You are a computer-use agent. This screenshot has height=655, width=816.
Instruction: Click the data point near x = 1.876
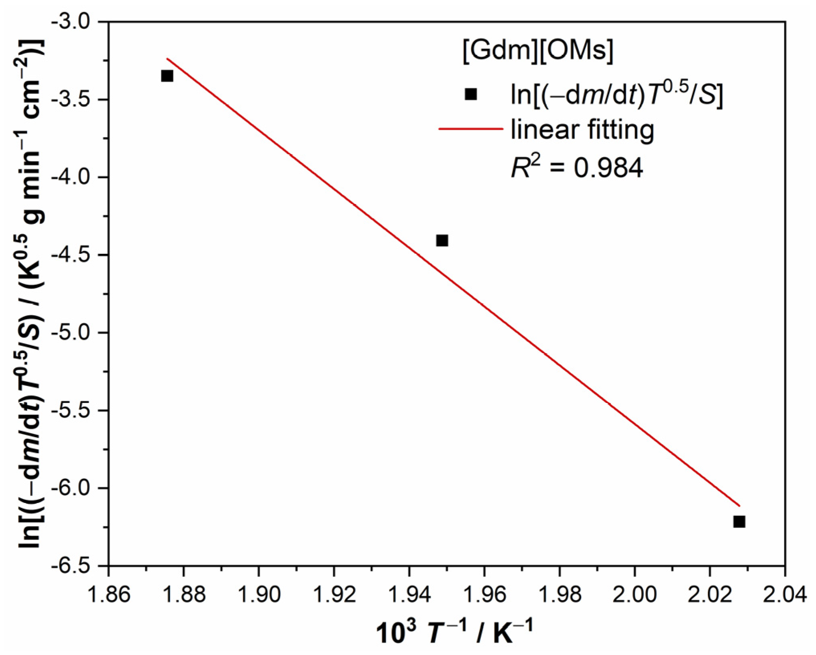167,76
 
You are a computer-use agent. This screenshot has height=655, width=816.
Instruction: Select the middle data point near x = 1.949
442,241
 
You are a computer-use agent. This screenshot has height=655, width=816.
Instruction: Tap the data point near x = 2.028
739,522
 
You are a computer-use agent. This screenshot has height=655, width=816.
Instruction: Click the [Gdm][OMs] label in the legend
538,51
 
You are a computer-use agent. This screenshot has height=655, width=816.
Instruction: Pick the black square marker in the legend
470,94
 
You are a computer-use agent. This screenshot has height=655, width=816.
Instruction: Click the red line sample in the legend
470,129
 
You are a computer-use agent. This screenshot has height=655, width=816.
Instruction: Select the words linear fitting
582,129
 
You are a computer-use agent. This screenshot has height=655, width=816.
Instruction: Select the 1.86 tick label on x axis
108,594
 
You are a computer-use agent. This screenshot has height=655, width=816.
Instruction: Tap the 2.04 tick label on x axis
785,594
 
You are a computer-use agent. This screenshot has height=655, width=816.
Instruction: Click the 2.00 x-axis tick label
635,594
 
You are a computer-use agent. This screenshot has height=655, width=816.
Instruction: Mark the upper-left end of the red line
167,59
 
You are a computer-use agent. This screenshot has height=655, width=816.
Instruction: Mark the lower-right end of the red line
739,506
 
